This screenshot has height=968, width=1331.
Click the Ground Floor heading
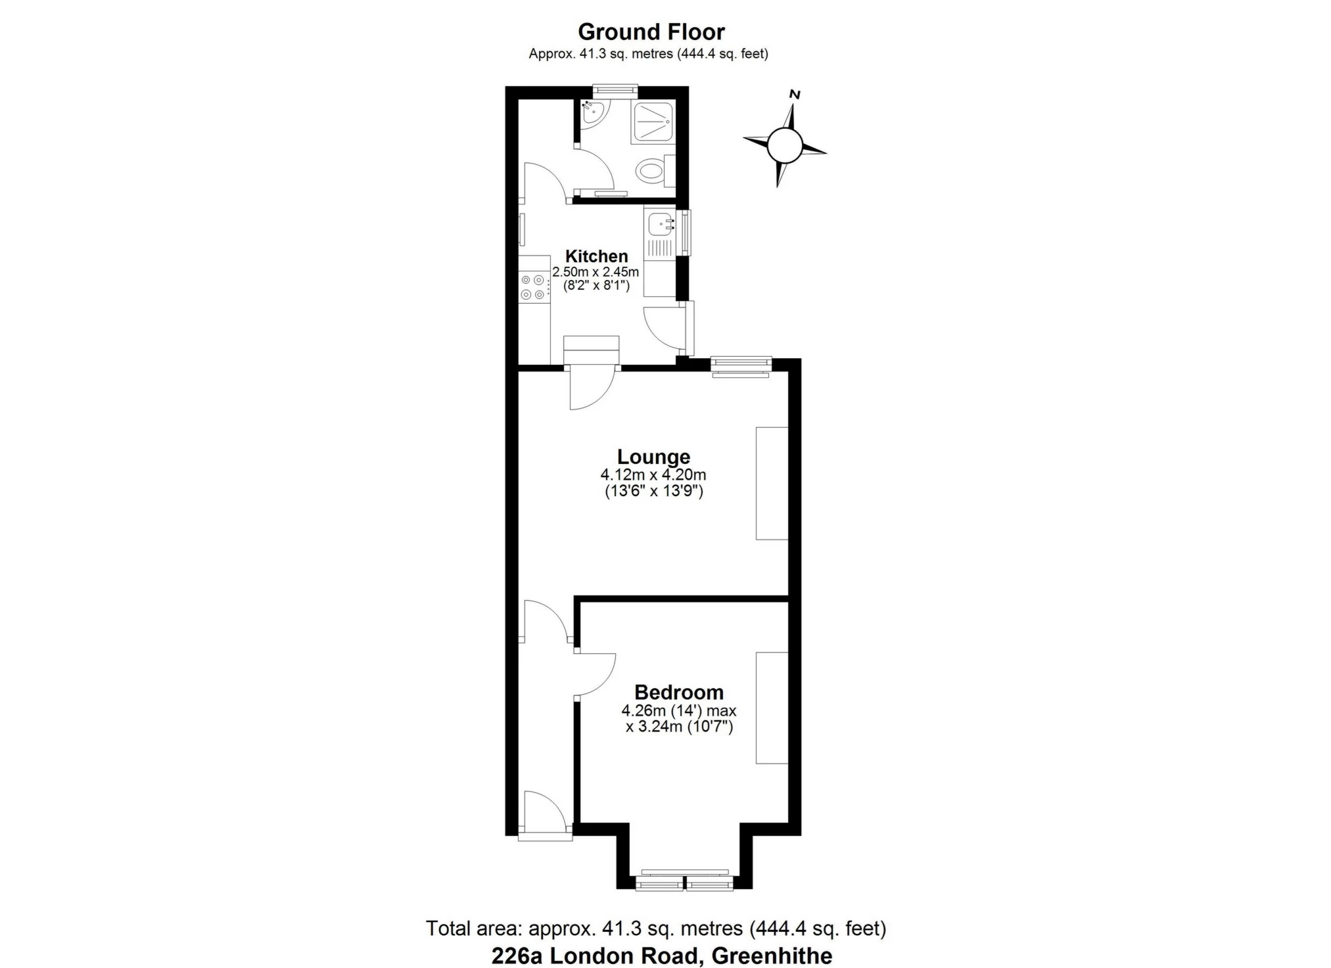click(651, 32)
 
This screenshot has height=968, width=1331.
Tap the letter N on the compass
click(795, 95)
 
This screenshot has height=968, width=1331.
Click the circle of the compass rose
click(785, 145)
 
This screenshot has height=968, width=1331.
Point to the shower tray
click(652, 122)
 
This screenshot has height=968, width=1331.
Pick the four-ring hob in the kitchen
click(534, 287)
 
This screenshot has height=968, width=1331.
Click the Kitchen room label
click(597, 256)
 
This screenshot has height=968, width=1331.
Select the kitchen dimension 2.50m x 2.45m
click(595, 272)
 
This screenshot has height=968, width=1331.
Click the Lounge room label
click(653, 457)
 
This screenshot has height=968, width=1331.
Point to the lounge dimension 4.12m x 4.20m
click(653, 474)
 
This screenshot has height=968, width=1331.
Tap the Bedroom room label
click(679, 692)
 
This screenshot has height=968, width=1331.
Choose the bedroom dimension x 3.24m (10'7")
click(679, 727)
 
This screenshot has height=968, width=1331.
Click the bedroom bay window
click(684, 881)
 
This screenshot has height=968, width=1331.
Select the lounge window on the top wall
click(741, 366)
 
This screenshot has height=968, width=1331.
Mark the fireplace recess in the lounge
click(772, 483)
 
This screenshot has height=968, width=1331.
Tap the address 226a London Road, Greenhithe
click(662, 956)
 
